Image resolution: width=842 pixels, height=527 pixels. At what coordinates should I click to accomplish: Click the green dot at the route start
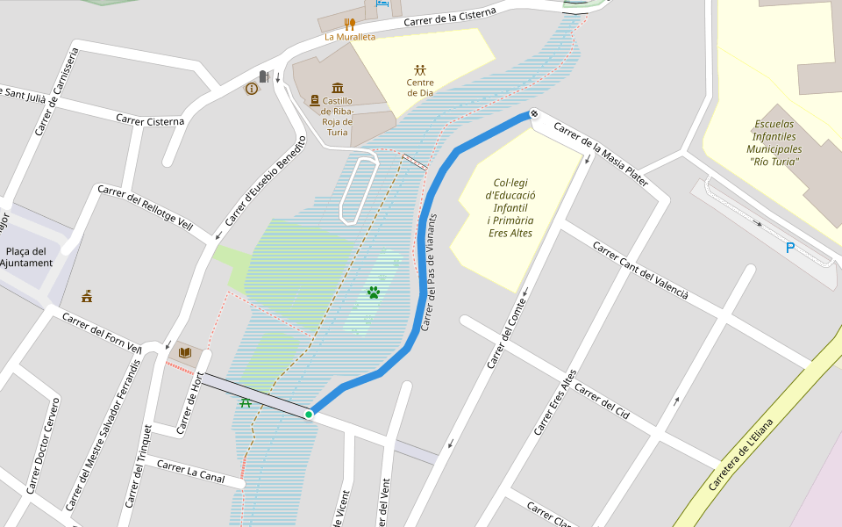click(x=309, y=414)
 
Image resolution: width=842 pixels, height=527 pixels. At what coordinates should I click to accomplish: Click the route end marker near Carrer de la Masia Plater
click(x=532, y=114)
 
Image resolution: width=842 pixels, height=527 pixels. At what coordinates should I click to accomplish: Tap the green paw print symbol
click(x=374, y=292)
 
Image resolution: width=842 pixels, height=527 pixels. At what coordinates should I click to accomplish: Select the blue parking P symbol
click(x=789, y=249)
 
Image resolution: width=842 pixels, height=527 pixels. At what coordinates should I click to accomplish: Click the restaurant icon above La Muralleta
click(x=349, y=24)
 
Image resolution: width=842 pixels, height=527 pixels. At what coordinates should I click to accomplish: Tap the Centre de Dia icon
click(x=420, y=69)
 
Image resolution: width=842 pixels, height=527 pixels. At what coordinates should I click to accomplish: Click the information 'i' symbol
click(x=252, y=89)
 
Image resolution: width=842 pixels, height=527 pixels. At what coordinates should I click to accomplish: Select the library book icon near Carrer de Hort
click(x=184, y=353)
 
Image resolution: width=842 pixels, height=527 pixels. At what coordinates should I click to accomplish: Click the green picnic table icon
click(x=246, y=402)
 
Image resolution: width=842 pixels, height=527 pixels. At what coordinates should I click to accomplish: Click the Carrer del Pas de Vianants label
click(x=429, y=272)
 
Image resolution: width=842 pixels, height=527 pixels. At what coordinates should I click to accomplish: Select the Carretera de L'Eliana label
click(x=741, y=455)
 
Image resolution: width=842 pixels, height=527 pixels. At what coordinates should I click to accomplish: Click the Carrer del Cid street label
click(x=603, y=400)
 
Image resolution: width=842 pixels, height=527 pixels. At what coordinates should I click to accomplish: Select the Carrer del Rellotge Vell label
click(x=145, y=208)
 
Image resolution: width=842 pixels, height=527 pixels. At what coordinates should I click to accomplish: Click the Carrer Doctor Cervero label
click(x=42, y=446)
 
